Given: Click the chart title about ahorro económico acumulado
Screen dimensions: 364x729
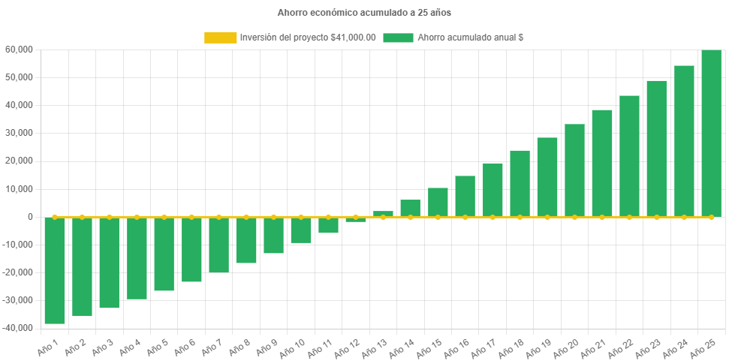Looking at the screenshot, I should point(364,13).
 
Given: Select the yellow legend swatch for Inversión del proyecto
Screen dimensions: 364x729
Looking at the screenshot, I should point(219,38).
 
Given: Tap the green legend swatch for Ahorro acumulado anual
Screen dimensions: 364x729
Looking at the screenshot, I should point(398,38).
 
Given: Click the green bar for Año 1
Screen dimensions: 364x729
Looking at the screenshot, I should point(55,270).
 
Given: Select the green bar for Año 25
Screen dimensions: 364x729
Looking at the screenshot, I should point(711,133).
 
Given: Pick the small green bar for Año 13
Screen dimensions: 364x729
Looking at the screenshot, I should point(383,214).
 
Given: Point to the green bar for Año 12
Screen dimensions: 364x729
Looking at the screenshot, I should point(356,220).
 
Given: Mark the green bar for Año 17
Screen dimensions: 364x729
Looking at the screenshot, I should point(493,190).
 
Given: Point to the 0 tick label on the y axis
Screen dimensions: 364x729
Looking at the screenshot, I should point(30,217).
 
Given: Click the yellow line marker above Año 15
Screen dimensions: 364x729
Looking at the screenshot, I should point(438,217).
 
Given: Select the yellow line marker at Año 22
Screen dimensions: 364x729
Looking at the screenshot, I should point(629,217).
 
